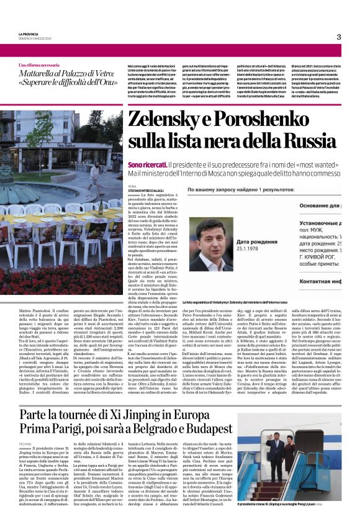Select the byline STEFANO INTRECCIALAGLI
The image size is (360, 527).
(146, 191)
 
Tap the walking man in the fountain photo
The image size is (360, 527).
(94, 177)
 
